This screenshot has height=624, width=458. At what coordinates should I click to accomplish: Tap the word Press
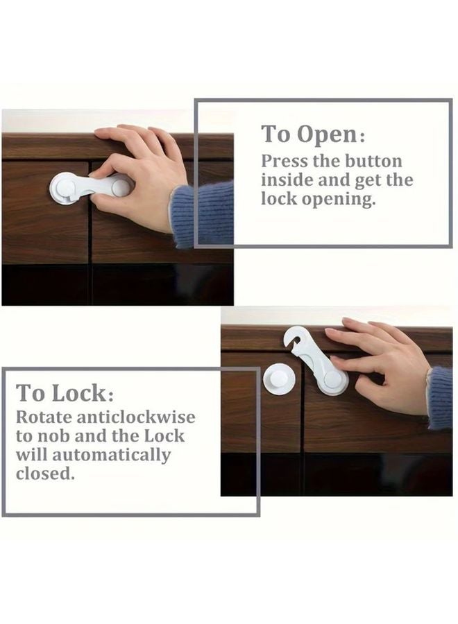coord(282,162)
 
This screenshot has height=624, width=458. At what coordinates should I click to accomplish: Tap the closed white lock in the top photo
coord(90,187)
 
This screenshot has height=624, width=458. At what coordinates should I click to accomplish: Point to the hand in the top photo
coord(139,173)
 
